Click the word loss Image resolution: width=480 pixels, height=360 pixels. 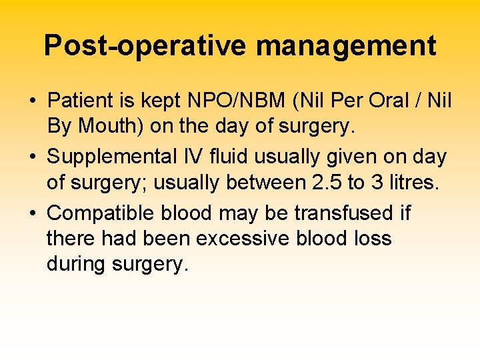[370, 238]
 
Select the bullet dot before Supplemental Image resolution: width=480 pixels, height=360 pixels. [32, 157]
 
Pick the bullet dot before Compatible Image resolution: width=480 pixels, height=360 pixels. [32, 214]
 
